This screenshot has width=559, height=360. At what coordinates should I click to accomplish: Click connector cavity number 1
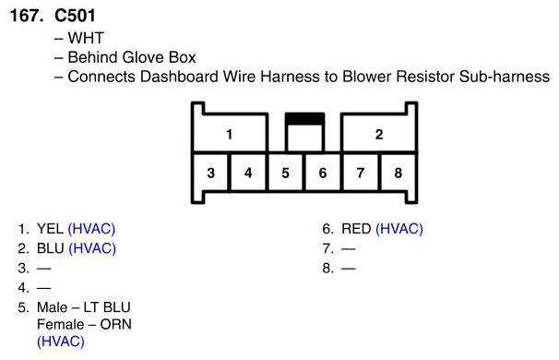click(x=230, y=133)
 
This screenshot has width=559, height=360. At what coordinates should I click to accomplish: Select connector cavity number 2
click(x=378, y=133)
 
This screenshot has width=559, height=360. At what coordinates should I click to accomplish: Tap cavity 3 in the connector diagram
click(x=210, y=173)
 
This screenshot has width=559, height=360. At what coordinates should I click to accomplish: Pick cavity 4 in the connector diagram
click(x=248, y=173)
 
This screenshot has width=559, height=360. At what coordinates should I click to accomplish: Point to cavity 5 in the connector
click(x=286, y=173)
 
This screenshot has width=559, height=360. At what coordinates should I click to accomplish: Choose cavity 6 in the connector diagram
click(x=323, y=173)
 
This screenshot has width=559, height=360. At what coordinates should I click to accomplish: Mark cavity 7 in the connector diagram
click(x=361, y=173)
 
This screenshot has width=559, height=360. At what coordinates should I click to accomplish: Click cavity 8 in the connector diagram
click(x=398, y=173)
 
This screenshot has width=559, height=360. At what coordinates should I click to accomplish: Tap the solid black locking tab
click(x=304, y=119)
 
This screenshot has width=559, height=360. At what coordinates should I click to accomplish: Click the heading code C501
click(x=75, y=16)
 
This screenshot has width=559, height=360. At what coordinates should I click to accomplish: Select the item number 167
click(x=27, y=16)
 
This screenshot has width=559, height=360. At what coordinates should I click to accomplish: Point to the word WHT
click(x=86, y=38)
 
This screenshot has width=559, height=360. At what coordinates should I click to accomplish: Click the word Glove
click(x=143, y=57)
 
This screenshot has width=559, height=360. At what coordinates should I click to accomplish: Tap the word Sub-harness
click(x=505, y=77)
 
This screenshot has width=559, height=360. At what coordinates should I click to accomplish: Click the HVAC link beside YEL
click(x=91, y=229)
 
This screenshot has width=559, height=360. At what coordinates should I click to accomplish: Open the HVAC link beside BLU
click(x=92, y=248)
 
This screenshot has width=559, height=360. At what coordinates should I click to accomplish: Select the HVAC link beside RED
click(x=399, y=229)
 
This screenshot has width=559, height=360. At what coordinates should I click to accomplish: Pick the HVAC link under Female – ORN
click(x=61, y=342)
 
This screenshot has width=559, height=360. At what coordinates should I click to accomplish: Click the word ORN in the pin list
click(x=116, y=324)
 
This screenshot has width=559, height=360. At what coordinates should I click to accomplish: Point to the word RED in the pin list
click(x=356, y=229)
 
